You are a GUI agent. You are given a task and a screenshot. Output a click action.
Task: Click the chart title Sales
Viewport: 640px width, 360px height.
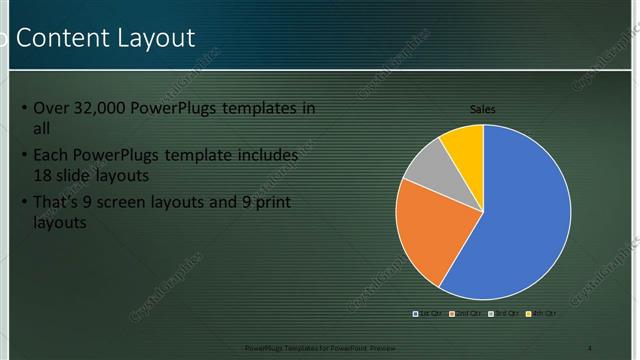(x=483, y=110)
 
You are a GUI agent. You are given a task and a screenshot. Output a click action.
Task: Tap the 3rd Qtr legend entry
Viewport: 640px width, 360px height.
(x=501, y=314)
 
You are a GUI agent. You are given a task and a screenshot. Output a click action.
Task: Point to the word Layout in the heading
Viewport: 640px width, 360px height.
(x=155, y=38)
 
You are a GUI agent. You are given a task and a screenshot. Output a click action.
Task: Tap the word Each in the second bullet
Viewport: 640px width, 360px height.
(x=51, y=156)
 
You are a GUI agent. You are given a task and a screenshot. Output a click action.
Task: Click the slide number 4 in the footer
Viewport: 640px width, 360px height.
(x=590, y=347)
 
